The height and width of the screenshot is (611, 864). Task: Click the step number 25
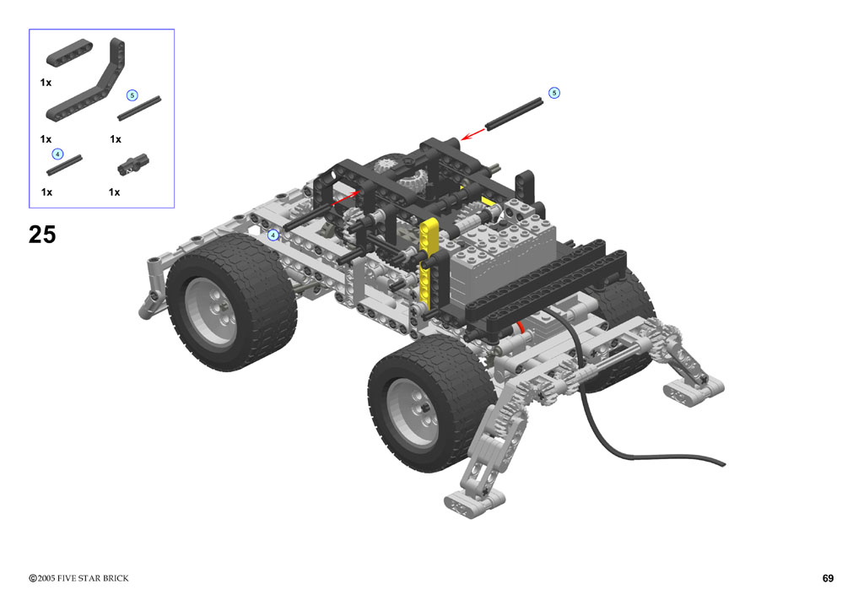42,235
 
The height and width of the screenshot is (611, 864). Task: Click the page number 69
828,578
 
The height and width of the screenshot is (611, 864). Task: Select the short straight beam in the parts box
69,53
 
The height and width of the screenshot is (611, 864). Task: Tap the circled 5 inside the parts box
132,95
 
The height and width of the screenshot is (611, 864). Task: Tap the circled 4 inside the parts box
57,154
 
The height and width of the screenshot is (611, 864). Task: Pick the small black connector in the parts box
132,165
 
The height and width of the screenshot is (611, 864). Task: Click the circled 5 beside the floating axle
554,93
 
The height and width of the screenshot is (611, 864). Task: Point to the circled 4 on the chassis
273,235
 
